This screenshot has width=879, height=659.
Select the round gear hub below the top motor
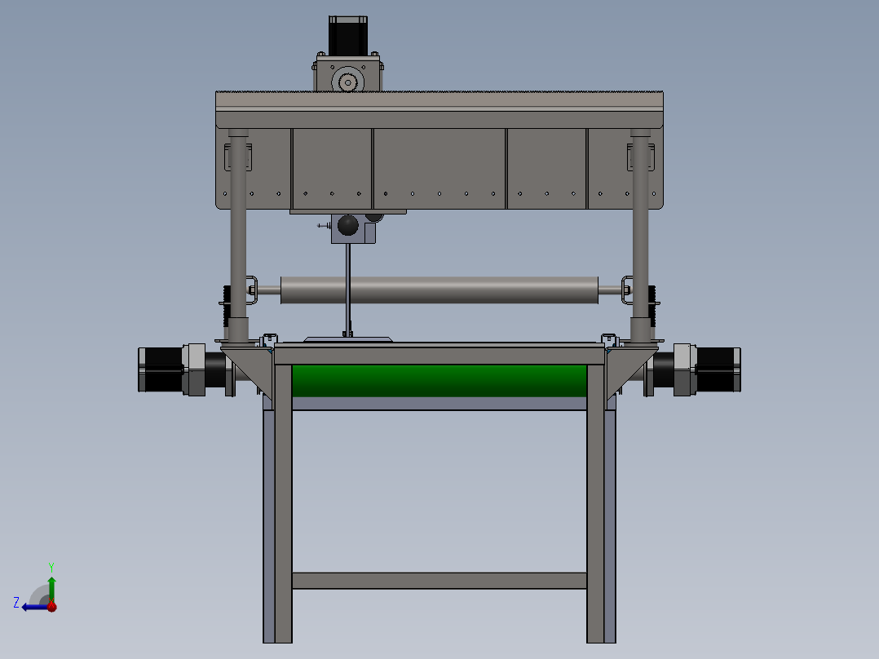click(347, 82)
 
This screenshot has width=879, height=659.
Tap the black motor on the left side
click(161, 370)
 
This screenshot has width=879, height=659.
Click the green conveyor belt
click(439, 380)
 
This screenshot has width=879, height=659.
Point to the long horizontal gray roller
click(439, 290)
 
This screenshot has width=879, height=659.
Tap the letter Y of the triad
click(51, 566)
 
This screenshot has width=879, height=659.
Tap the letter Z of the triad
click(16, 603)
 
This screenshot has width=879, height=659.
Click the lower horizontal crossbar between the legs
click(439, 581)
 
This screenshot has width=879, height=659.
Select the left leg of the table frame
click(283, 506)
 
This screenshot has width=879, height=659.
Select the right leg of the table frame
click(596, 506)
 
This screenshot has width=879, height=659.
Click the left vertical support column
click(237, 237)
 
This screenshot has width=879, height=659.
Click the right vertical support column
click(640, 237)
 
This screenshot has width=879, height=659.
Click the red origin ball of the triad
click(51, 606)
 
